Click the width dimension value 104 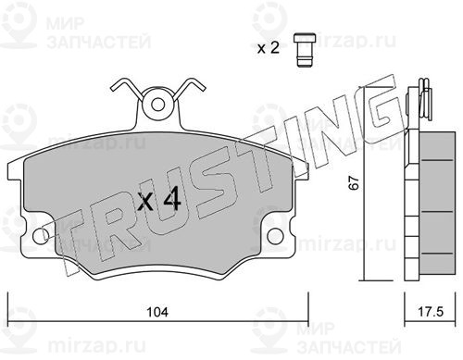pyautogui.click(x=157, y=312)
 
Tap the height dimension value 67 pyautogui.click(x=354, y=182)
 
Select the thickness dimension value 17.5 pyautogui.click(x=431, y=312)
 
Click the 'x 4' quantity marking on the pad pyautogui.click(x=159, y=200)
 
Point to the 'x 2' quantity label pyautogui.click(x=269, y=48)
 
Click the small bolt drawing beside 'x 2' pyautogui.click(x=305, y=50)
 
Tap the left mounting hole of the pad pyautogui.click(x=41, y=236)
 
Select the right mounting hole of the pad pyautogui.click(x=275, y=236)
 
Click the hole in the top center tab pyautogui.click(x=157, y=104)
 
